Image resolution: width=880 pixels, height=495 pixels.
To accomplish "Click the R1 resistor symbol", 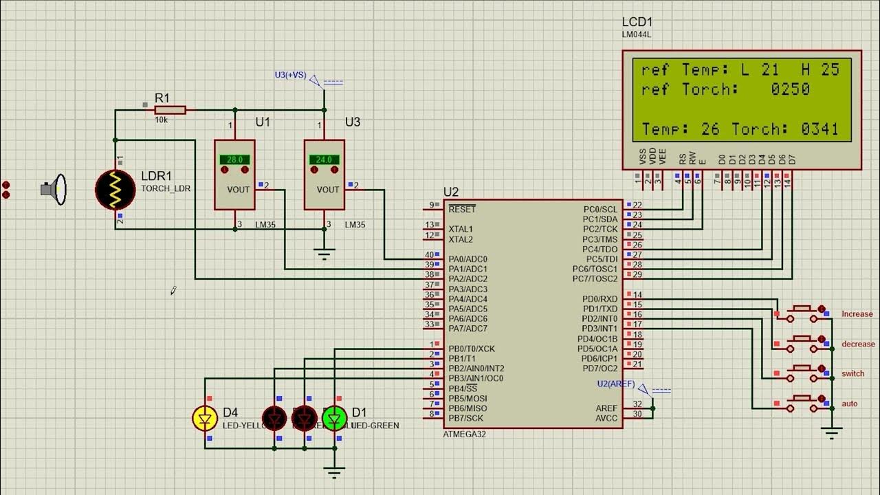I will (170, 110).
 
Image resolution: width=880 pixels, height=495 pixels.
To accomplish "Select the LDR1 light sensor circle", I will (115, 189).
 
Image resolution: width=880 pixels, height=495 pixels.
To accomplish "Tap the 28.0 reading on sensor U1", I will (234, 159).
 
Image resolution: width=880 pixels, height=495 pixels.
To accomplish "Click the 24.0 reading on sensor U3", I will (324, 159).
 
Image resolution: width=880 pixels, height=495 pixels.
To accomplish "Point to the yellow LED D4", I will (205, 418).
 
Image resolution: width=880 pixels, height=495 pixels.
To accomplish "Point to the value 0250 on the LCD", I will (790, 89).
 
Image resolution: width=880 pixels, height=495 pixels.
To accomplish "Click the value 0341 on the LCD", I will (819, 129).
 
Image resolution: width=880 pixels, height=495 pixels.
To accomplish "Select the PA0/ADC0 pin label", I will (467, 259).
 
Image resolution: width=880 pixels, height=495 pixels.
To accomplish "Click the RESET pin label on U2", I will (461, 209).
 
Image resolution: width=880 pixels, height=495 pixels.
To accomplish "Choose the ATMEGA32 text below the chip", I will (465, 434).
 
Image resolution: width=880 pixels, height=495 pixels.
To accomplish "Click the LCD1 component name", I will (637, 23).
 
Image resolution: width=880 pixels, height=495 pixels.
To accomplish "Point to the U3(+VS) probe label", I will (290, 74).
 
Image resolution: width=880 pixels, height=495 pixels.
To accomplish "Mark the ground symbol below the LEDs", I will (335, 472).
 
